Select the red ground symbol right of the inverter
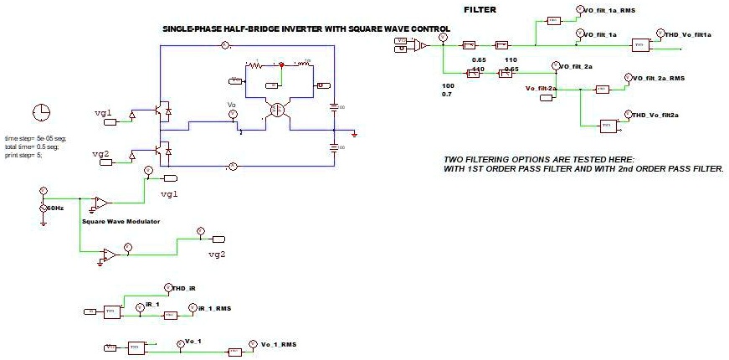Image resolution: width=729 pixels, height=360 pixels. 355,134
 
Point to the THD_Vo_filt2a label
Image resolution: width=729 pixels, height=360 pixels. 655,115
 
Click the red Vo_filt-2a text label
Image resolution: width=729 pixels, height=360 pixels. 541,87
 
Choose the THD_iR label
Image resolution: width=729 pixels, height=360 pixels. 183,288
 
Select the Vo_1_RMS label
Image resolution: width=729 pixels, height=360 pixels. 278,344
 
